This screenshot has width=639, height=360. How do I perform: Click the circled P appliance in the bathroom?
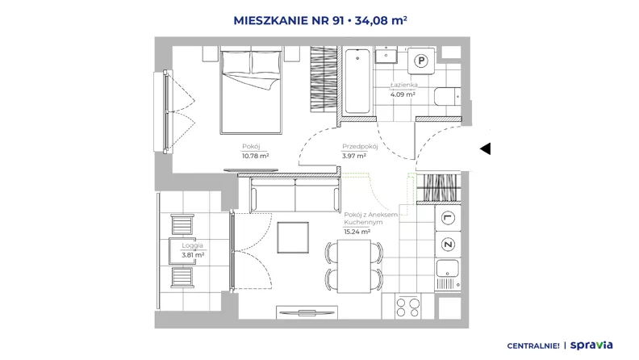coord(421,61)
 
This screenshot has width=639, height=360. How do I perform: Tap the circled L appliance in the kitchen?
coord(448,218)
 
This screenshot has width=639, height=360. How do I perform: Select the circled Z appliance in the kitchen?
coord(448,245)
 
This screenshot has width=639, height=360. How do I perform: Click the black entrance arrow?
coord(485,149)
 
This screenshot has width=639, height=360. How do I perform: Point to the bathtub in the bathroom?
coord(357,81)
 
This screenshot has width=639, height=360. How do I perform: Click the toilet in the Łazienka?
coord(447,97)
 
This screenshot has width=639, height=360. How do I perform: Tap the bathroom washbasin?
coord(386,55)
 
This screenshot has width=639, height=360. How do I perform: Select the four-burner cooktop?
coord(408,308)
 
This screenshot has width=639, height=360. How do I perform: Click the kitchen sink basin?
coord(448,269)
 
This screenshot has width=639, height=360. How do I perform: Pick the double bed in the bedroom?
coord(251,90)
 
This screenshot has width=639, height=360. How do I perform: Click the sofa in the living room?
coord(295,195)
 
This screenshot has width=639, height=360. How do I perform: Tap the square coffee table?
coord(293,237)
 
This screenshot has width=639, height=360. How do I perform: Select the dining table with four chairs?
coord(354,266)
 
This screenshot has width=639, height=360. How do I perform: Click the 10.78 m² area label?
coord(255,156)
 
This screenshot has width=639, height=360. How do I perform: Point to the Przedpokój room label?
coord(360,146)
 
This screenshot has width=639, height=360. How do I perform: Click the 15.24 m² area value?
coord(357,232)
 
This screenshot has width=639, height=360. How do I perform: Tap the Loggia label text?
coord(192,245)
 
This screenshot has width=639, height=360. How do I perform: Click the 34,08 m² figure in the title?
coord(381,20)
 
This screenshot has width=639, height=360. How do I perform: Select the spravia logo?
coord(591,345)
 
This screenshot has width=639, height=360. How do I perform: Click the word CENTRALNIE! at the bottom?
coord(533,345)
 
